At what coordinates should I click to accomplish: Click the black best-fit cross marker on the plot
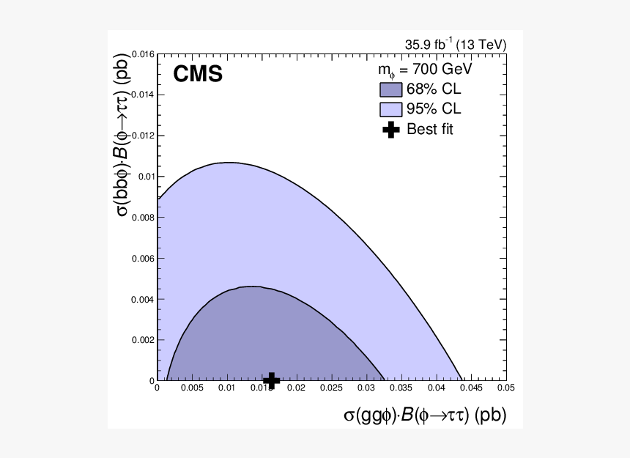(x=272, y=380)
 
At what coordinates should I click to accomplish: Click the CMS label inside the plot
(x=198, y=74)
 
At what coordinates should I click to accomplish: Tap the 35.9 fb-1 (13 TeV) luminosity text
(x=455, y=45)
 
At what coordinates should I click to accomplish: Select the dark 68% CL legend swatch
(x=390, y=90)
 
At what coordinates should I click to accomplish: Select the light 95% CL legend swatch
(x=390, y=110)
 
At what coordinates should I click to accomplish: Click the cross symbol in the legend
(x=391, y=130)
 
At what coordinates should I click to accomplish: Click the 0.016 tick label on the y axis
(x=142, y=54)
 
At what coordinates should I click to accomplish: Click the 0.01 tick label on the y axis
(x=145, y=177)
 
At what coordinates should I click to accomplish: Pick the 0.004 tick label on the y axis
(x=142, y=299)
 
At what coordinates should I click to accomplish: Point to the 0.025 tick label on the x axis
(x=331, y=388)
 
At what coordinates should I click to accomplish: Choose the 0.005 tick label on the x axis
(x=192, y=388)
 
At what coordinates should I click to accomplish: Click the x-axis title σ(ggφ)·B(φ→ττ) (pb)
(x=425, y=415)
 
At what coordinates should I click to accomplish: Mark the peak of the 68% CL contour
(x=252, y=287)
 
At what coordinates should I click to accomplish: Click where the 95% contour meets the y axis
(x=158, y=199)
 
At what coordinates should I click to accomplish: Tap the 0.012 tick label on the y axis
(x=142, y=136)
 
